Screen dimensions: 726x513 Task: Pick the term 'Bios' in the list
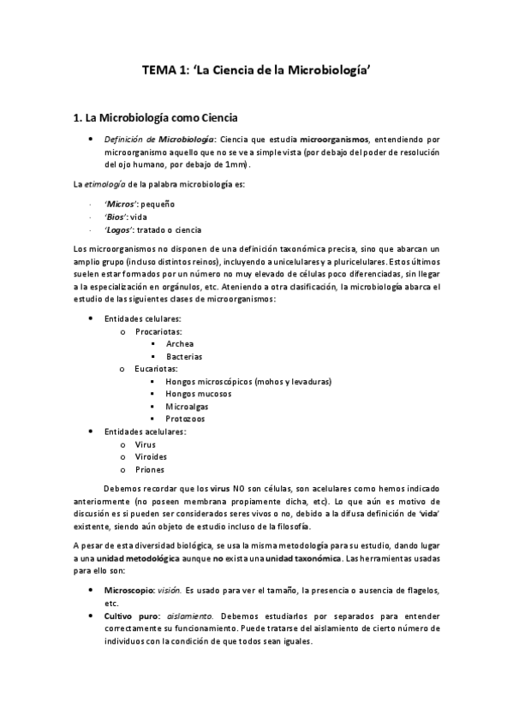(x=116, y=217)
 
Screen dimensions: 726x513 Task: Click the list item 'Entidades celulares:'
(x=142, y=318)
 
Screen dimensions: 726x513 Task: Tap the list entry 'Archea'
(x=180, y=343)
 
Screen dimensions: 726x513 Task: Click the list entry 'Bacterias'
(x=185, y=356)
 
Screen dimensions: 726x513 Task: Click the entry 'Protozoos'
(x=185, y=420)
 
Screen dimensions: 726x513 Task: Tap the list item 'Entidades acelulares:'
(x=145, y=431)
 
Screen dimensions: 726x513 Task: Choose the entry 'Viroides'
(x=151, y=457)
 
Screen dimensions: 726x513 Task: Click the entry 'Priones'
(x=149, y=470)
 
